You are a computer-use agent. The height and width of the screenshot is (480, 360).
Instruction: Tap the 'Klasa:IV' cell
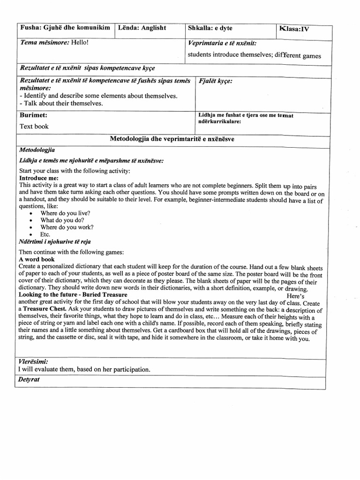[x=294, y=29]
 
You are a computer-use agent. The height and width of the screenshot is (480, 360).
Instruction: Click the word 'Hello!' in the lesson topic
[x=80, y=43]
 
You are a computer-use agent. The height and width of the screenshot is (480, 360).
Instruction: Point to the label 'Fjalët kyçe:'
[x=216, y=81]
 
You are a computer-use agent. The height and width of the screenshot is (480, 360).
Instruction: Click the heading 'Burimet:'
[x=33, y=115]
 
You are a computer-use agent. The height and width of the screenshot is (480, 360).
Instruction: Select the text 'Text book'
[x=34, y=126]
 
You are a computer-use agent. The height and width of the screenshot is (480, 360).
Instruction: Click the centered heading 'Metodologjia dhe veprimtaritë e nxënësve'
[x=172, y=139]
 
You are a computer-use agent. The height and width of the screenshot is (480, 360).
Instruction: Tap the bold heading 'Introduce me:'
[x=38, y=179]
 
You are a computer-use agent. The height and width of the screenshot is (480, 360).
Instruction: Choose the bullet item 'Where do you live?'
[x=65, y=213]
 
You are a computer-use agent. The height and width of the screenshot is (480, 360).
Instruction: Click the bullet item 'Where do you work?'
[x=67, y=227]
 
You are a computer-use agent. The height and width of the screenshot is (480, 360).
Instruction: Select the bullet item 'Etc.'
[x=45, y=234]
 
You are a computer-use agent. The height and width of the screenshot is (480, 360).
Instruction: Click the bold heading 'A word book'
[x=37, y=259]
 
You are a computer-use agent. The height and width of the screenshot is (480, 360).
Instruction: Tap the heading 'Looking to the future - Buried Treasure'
[x=73, y=295]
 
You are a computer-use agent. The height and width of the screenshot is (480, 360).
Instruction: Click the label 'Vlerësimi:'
[x=33, y=362]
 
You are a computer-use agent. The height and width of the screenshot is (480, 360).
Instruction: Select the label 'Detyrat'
[x=30, y=379]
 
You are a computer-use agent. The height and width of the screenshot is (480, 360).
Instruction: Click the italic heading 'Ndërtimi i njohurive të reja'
[x=55, y=241]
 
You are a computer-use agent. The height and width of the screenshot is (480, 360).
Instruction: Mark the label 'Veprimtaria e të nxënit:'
[x=222, y=43]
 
